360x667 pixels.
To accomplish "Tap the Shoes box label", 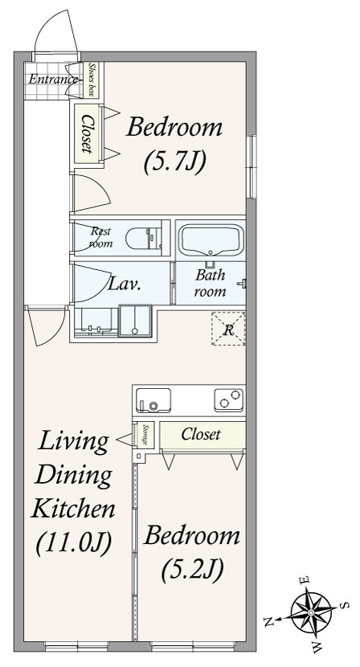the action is coord(91,80).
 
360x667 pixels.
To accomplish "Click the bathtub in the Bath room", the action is coord(211,240).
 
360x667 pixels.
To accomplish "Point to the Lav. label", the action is coord(124,284).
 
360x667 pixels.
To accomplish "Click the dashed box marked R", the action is coord(228,328).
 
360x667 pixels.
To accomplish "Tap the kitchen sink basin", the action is coord(153,400).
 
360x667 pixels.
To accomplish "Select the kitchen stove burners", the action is coord(229,400).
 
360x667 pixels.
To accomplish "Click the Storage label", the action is coord(145,434).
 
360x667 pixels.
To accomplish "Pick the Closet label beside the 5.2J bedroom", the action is coord(201,434).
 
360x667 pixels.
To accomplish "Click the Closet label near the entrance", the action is coord(88,133).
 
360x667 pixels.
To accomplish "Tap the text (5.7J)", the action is coord(175,162).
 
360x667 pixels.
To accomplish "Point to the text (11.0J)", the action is coord(74,542).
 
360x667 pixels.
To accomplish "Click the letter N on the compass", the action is coord(268,622).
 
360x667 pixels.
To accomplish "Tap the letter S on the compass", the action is coord(346,605).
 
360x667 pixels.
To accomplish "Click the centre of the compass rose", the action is coord(311,612).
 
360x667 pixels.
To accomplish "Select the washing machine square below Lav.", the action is coord(135,321).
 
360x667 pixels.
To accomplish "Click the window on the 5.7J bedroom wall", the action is coord(252,166).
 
